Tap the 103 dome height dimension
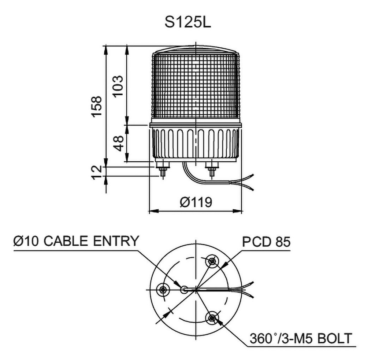[118, 86]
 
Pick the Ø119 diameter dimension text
[196, 202]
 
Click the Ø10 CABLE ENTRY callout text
[76, 241]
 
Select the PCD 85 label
[266, 242]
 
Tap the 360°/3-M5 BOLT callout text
[300, 338]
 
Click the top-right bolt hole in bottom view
[212, 261]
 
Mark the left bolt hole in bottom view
[162, 290]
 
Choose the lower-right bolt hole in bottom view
[212, 318]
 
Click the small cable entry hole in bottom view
[185, 290]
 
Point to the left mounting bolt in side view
[162, 170]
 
